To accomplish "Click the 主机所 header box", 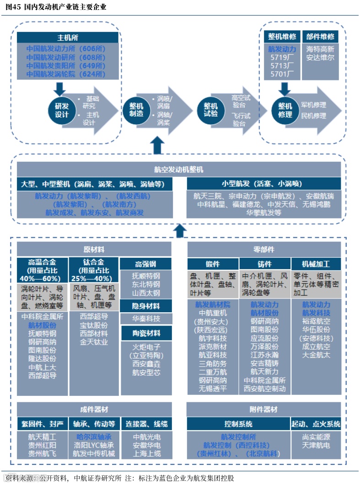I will tap(68, 37).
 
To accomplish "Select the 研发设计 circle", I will tap(62, 110).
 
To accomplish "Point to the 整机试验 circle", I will tap(210, 110).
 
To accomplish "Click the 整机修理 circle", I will tap(285, 110).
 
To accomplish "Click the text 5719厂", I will tap(282, 57).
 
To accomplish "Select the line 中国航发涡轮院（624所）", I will tap(65, 74).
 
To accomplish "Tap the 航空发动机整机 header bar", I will tap(179, 170).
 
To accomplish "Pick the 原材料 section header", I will tap(94, 250).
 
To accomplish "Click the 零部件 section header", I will tap(264, 250).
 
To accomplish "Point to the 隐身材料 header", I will tap(145, 306).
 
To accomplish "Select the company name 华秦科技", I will tap(145, 319).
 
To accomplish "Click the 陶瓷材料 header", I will tap(145, 333).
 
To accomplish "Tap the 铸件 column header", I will tap(264, 264).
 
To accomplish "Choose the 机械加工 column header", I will tap(316, 264).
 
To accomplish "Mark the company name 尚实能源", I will tap(316, 437).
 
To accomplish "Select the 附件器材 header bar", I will tap(264, 409).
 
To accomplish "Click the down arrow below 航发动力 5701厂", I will tap(285, 88).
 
